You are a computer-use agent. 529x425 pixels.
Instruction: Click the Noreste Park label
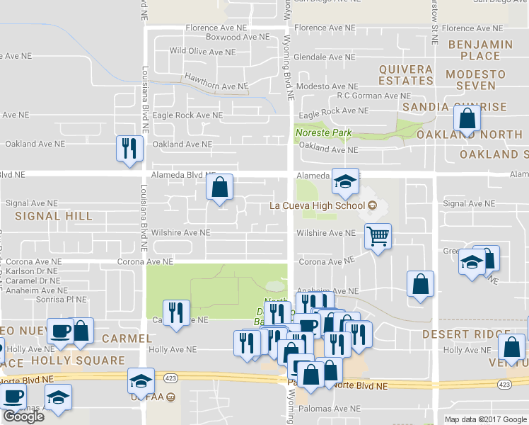(x=323, y=132)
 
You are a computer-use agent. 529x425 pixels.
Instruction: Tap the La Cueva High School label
(x=318, y=207)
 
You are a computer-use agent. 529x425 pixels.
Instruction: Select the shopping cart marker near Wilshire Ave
(x=378, y=237)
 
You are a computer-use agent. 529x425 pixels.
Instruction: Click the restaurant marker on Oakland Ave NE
(x=129, y=149)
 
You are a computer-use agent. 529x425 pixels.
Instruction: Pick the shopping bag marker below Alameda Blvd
(x=220, y=188)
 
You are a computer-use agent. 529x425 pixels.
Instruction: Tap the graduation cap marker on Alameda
(x=346, y=182)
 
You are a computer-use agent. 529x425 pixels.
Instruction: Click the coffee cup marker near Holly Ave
(x=59, y=331)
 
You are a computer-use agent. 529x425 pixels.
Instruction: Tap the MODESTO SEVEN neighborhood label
(x=475, y=80)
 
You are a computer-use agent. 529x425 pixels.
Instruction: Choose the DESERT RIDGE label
(x=456, y=334)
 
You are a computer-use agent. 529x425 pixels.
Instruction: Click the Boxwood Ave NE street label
(x=237, y=37)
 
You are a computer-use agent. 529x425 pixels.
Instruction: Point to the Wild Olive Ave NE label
(x=202, y=52)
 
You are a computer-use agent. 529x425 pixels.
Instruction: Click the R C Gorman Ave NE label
(x=374, y=96)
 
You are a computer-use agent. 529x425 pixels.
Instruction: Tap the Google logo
(x=23, y=416)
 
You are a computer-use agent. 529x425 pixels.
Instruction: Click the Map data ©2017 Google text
(x=485, y=419)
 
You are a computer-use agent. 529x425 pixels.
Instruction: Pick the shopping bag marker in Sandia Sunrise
(x=467, y=118)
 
